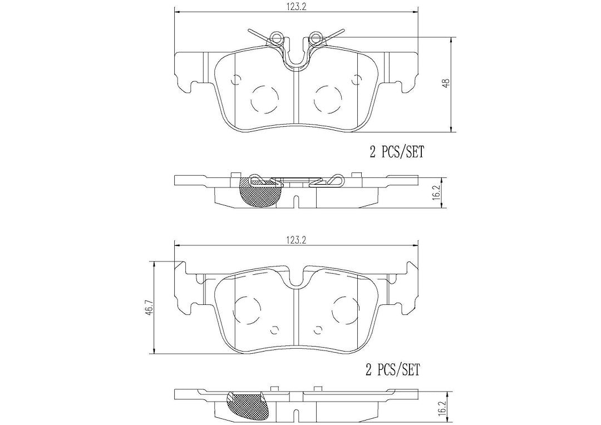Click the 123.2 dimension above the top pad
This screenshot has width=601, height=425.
coord(295,6)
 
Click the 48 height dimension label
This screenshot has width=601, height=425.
coord(447,83)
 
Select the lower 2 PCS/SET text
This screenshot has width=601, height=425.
coord(393,370)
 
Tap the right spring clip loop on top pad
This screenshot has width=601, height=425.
coord(316,37)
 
